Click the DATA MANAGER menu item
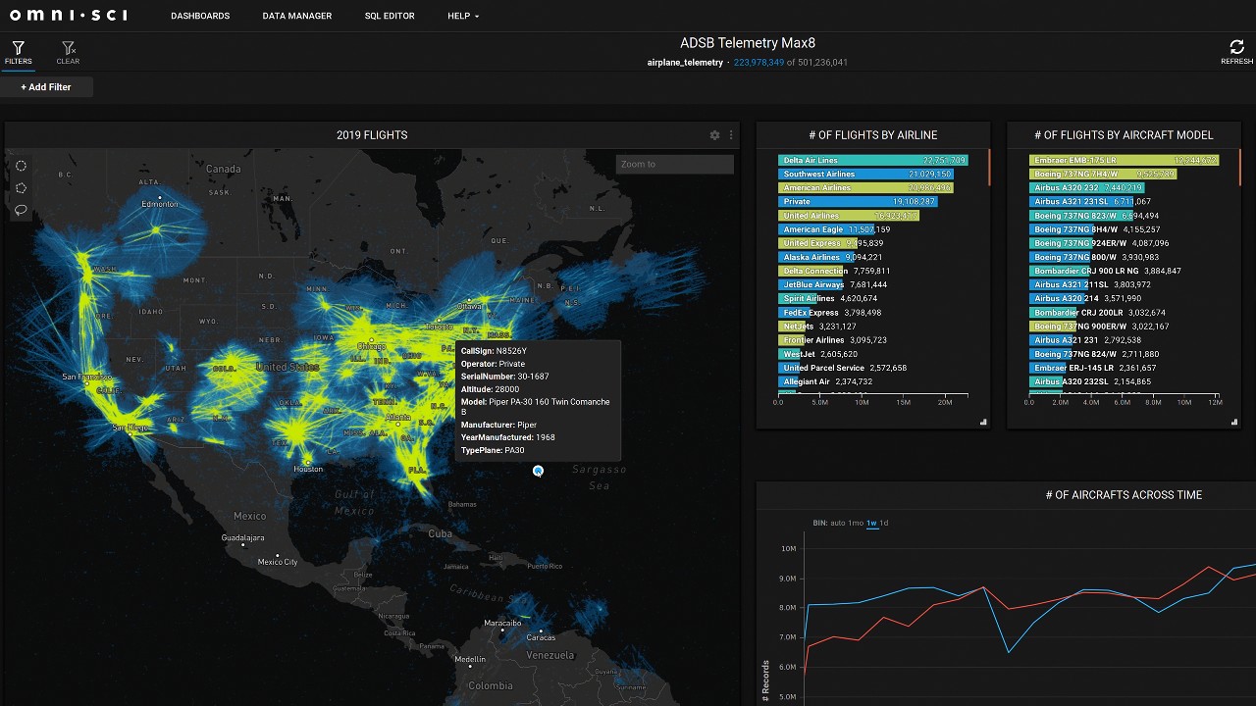tap(296, 16)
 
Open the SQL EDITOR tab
tap(390, 16)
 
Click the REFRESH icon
tap(1236, 48)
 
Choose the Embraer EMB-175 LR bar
tap(1124, 160)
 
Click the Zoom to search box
tap(674, 164)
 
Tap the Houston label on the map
tap(308, 469)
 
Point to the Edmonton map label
tap(160, 204)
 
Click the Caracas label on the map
tap(541, 637)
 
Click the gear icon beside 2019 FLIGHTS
tap(714, 135)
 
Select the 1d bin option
tap(884, 523)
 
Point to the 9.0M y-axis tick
tap(788, 579)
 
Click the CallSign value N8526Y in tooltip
tap(511, 351)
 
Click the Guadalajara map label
tap(242, 537)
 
